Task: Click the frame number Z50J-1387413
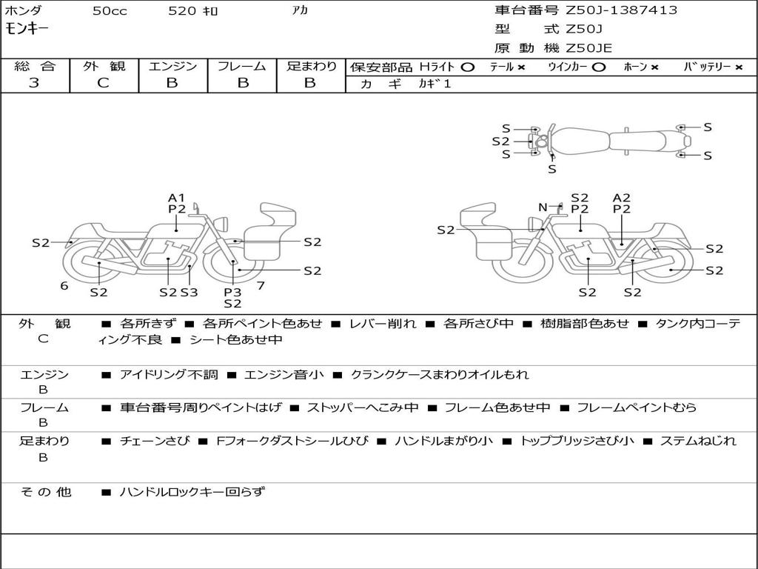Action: pyautogui.click(x=622, y=10)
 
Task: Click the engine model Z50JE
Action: pyautogui.click(x=589, y=48)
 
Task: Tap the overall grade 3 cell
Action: pyautogui.click(x=34, y=83)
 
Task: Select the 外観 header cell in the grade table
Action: pyautogui.click(x=104, y=66)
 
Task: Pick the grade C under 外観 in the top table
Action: pyautogui.click(x=104, y=83)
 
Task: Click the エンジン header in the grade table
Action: pyautogui.click(x=172, y=66)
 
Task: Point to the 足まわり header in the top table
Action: pyautogui.click(x=311, y=66)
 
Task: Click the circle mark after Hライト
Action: pyautogui.click(x=467, y=67)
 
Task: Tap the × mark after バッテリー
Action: pyautogui.click(x=738, y=67)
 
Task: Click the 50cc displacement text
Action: pyautogui.click(x=108, y=11)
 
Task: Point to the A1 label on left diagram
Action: pyautogui.click(x=176, y=198)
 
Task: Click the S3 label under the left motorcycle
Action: pyautogui.click(x=189, y=292)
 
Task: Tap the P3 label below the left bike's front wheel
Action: pyautogui.click(x=232, y=292)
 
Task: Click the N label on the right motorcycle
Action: pyautogui.click(x=543, y=207)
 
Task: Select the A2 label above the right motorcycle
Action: pyautogui.click(x=622, y=198)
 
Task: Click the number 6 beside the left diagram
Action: pyautogui.click(x=64, y=286)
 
